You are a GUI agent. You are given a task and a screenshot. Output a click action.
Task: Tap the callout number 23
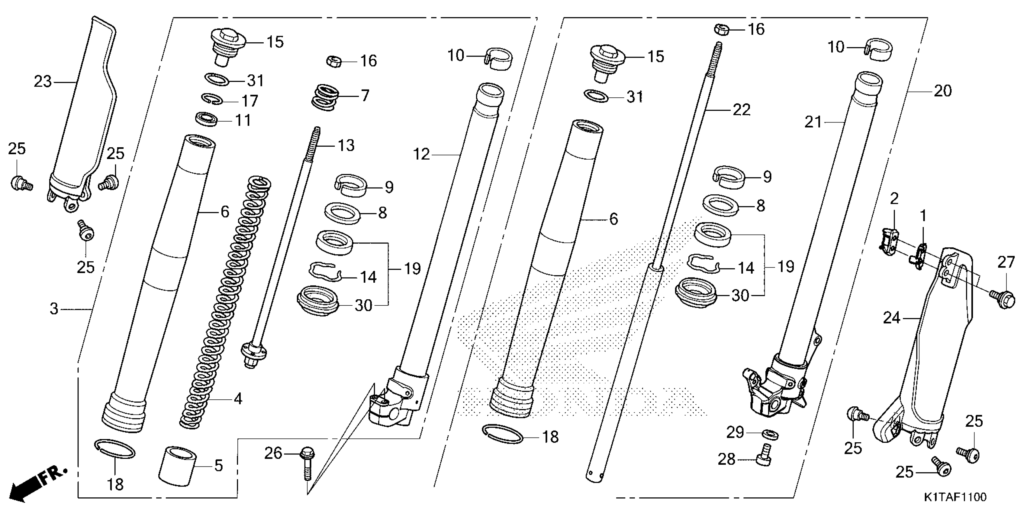(x=43, y=82)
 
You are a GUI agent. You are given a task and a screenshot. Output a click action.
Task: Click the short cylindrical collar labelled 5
(x=178, y=465)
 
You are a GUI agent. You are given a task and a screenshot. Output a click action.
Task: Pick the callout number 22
(x=742, y=110)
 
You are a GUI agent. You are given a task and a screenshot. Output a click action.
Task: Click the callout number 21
(x=813, y=122)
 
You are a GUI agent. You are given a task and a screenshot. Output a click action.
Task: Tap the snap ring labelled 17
(x=212, y=99)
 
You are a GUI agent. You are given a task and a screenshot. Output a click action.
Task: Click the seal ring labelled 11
(x=207, y=119)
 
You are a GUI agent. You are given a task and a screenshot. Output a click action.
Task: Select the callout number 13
(x=346, y=146)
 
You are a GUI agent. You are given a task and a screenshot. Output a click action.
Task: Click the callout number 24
(x=891, y=318)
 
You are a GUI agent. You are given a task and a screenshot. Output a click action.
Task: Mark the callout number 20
(x=942, y=91)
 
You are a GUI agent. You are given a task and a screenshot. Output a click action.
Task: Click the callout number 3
(x=54, y=308)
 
